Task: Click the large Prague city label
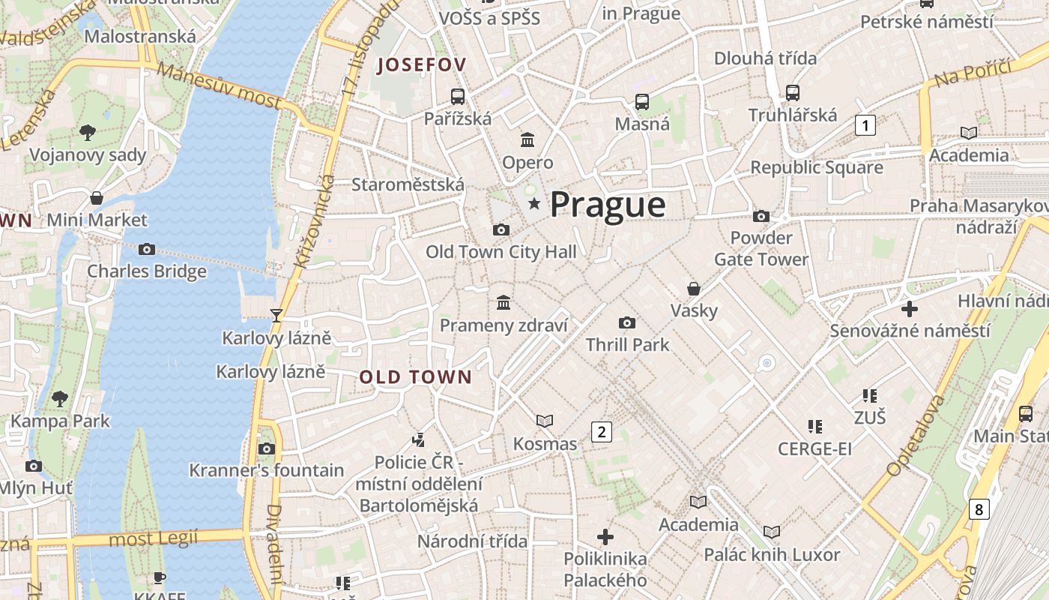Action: tap(608, 205)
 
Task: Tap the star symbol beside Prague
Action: tap(534, 203)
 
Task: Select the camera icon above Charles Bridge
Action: tap(147, 249)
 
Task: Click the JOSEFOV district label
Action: tap(422, 65)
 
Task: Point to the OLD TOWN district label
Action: tap(416, 377)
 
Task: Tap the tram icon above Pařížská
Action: tap(457, 96)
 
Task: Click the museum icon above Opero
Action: tap(527, 140)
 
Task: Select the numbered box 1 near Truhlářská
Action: tap(865, 125)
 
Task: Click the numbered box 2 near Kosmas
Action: tap(601, 431)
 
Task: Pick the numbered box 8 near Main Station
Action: tap(979, 509)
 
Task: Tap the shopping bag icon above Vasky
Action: tap(694, 288)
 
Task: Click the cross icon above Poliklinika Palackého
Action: tap(605, 537)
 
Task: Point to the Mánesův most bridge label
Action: tap(220, 88)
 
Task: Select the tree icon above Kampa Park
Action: tap(60, 399)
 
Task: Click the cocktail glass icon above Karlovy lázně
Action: tap(276, 315)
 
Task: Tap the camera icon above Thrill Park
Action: tap(627, 322)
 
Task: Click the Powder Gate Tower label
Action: tap(761, 248)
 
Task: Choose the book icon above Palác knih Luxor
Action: tap(772, 532)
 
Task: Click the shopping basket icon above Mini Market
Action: tap(97, 198)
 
